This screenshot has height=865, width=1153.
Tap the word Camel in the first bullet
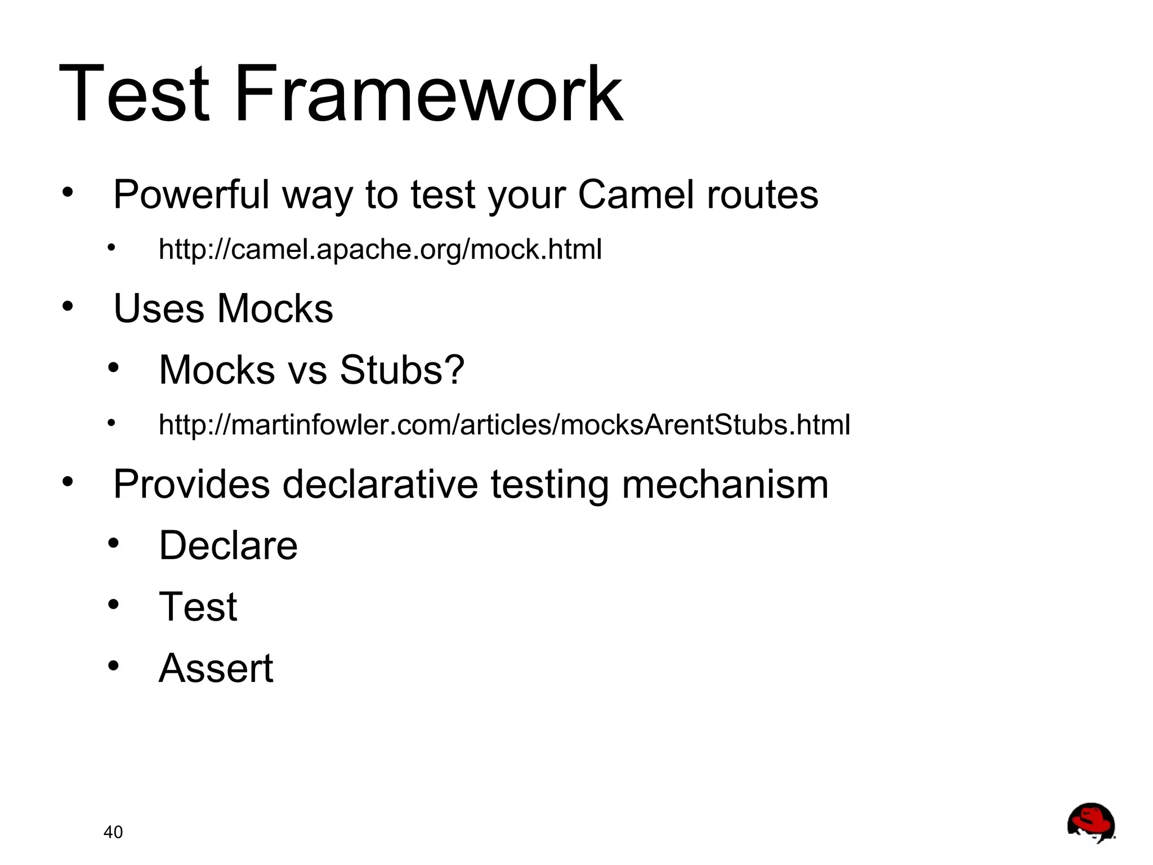(x=636, y=195)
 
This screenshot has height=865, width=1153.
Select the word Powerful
(x=191, y=195)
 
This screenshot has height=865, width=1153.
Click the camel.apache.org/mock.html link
(x=380, y=250)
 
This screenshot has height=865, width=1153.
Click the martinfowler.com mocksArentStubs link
(x=504, y=425)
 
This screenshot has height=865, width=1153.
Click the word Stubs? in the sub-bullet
(x=402, y=370)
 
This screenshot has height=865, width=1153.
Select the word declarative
(x=380, y=485)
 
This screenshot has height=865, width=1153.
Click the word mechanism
(x=725, y=485)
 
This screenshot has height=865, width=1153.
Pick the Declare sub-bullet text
(x=228, y=545)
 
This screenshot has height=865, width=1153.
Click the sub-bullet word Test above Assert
(x=198, y=607)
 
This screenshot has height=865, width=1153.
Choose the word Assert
(x=216, y=668)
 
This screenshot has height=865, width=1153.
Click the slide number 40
(x=113, y=832)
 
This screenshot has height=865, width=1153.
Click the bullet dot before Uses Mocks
(x=68, y=307)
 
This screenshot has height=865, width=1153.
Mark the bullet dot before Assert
(x=114, y=666)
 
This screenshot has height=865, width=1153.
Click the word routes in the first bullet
(x=762, y=195)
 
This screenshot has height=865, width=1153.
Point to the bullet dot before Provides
(x=68, y=482)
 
